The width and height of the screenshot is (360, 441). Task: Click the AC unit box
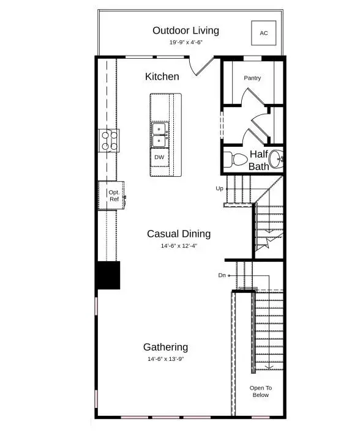pos(264,33)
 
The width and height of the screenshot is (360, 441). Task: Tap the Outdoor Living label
pos(186,31)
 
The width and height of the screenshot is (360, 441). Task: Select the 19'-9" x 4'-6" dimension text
pos(186,43)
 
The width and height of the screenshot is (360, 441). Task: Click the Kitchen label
pos(162,76)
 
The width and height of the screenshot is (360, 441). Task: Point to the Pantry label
pos(252,78)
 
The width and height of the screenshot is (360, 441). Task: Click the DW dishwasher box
pos(159,157)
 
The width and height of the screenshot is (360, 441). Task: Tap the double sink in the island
pos(160,135)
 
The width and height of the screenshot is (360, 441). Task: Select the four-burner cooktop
pos(109,141)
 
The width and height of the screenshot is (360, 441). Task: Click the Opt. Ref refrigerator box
pos(114,196)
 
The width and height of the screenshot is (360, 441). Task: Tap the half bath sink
pos(277,158)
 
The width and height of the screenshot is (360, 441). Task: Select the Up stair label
pos(219,188)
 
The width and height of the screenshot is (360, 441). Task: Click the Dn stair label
pos(222,276)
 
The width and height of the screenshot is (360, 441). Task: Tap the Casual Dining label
pos(179,234)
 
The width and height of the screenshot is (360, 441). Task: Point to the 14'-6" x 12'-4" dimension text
pos(179,246)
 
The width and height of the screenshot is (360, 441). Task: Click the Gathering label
pos(165,347)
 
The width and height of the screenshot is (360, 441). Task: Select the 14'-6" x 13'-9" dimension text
pos(165,359)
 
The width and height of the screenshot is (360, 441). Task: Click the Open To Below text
pos(260,391)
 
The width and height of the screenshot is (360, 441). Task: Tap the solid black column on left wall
pos(108,275)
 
